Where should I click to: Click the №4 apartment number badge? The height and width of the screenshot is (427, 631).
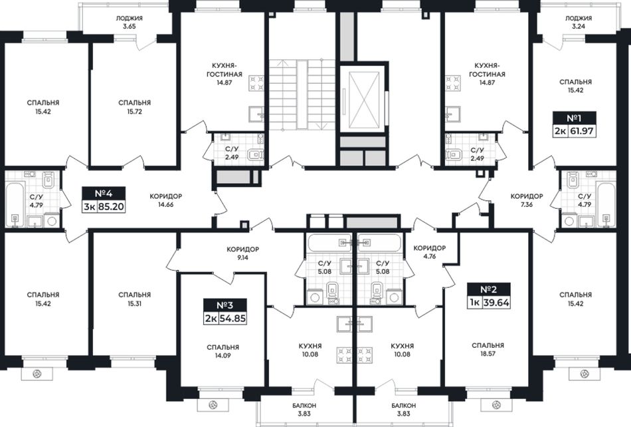pyautogui.click(x=104, y=194)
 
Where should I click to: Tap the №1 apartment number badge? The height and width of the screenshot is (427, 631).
pyautogui.click(x=575, y=118)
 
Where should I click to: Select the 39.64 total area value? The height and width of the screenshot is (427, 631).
pyautogui.click(x=496, y=303)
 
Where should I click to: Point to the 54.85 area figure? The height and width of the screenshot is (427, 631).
pyautogui.click(x=232, y=318)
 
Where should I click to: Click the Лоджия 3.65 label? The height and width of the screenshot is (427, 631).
pyautogui.click(x=129, y=22)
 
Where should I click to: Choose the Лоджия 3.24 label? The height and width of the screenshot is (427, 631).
pyautogui.click(x=579, y=22)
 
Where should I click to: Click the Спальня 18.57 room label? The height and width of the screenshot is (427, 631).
pyautogui.click(x=488, y=349)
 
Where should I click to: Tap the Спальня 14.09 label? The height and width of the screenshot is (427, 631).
pyautogui.click(x=223, y=351)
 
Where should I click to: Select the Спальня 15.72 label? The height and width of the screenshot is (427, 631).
pyautogui.click(x=134, y=107)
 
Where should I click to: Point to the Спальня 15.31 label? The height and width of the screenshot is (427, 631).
pyautogui.click(x=134, y=299)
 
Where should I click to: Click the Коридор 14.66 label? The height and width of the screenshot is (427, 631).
pyautogui.click(x=166, y=200)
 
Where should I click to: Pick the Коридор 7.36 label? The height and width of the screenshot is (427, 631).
pyautogui.click(x=527, y=200)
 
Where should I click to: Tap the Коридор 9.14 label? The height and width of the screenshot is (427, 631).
pyautogui.click(x=242, y=253)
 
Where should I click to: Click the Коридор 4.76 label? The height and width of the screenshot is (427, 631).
pyautogui.click(x=430, y=252)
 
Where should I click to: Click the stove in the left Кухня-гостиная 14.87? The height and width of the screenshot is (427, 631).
pyautogui.click(x=257, y=82)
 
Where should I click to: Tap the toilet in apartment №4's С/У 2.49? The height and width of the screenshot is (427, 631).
pyautogui.click(x=255, y=155)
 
